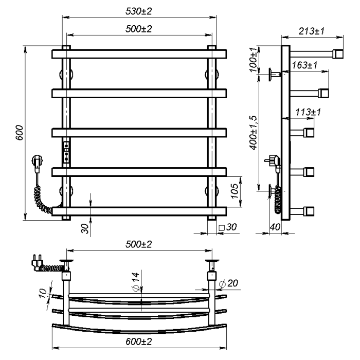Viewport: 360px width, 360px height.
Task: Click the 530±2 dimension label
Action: pyautogui.click(x=139, y=11)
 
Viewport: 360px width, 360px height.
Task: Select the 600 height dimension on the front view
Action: pyautogui.click(x=20, y=133)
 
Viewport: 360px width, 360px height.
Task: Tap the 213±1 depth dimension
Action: pyautogui.click(x=312, y=31)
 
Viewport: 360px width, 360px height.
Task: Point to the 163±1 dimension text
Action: pyautogui.click(x=304, y=65)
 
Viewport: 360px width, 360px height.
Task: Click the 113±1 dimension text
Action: pyautogui.click(x=308, y=112)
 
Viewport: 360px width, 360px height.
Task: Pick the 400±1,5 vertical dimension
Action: pyautogui.click(x=253, y=133)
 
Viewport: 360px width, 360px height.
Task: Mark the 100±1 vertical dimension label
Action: pyautogui.click(x=253, y=60)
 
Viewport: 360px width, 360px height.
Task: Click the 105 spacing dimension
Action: pyautogui.click(x=235, y=191)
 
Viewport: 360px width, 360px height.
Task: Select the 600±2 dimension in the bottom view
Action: pyautogui.click(x=139, y=342)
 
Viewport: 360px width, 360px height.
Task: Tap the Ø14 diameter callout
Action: pyautogui.click(x=136, y=282)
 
